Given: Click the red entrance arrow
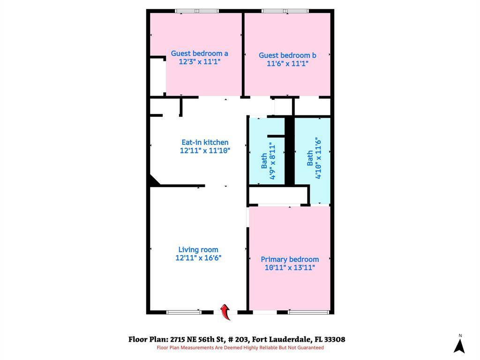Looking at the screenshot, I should [x=225, y=311].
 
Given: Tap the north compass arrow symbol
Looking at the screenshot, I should [x=459, y=345].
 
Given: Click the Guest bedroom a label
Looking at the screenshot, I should [x=199, y=53].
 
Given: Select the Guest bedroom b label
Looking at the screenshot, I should [x=287, y=55].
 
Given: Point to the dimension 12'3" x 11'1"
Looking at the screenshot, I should [x=199, y=61].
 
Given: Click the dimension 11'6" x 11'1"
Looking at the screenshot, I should [x=287, y=63].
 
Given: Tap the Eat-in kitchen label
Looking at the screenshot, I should [x=205, y=142].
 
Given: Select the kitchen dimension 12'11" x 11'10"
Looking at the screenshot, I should [x=205, y=150].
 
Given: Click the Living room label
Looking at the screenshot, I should [x=198, y=250].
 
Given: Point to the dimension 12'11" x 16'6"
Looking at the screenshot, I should [x=198, y=258].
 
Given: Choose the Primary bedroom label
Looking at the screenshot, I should [x=290, y=259].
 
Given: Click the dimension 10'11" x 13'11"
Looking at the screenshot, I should [x=290, y=268].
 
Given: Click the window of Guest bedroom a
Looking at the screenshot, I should [x=197, y=11].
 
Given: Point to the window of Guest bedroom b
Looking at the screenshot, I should [x=285, y=11].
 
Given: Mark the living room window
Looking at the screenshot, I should [x=184, y=312].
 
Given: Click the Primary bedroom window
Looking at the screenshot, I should [x=306, y=312].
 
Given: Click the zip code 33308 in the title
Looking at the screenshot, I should [x=334, y=339].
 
